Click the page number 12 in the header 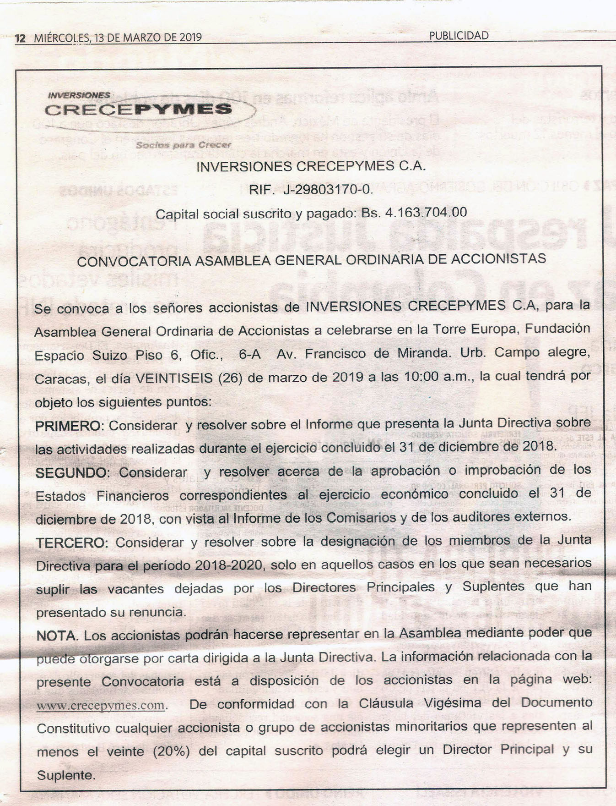click(x=20, y=38)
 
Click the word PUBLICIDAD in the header click(x=459, y=36)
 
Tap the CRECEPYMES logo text click(x=138, y=109)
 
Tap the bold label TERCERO click(x=71, y=543)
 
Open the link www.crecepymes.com click(x=101, y=706)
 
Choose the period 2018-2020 click(x=230, y=565)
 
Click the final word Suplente click(x=66, y=776)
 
